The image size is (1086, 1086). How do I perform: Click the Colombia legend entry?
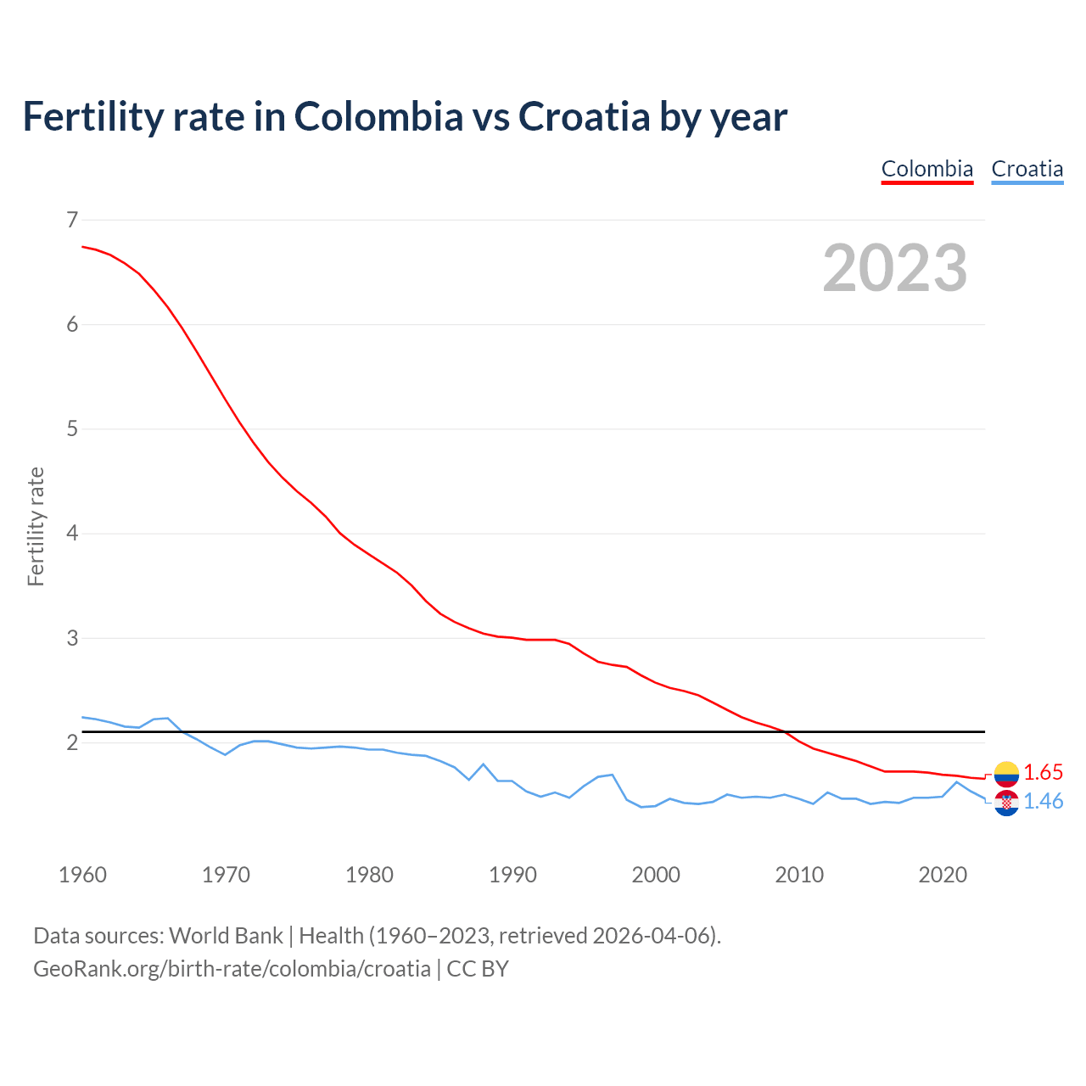coord(926,169)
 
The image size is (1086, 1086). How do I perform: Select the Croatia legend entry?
coord(1027,169)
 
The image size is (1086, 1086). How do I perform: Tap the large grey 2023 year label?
coord(895,268)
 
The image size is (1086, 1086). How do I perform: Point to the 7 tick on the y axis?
coord(72,220)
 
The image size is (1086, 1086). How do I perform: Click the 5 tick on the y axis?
coord(72,429)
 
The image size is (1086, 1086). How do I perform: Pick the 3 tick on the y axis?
coord(72,638)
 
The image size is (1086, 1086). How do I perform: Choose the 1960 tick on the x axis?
coord(82,875)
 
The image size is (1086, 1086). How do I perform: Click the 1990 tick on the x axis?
coord(512,875)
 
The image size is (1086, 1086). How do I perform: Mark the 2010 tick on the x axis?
coord(799,875)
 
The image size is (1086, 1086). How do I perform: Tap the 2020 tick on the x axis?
coord(943,875)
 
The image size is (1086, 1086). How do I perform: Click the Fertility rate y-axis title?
coord(36,526)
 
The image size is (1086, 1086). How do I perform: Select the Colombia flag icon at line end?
coord(1006,773)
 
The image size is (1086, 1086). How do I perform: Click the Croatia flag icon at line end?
coord(1006,802)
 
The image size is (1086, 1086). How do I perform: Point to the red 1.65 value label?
coord(1043,773)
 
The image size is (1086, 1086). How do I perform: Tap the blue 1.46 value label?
coord(1043,802)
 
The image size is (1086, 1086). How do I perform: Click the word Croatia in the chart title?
coord(584,116)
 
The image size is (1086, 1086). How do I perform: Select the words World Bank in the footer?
coord(226,936)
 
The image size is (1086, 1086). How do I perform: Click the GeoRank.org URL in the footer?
coord(232,969)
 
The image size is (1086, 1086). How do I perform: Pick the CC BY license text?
coord(478,969)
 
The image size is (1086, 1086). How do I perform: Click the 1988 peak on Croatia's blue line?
coord(483,764)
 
